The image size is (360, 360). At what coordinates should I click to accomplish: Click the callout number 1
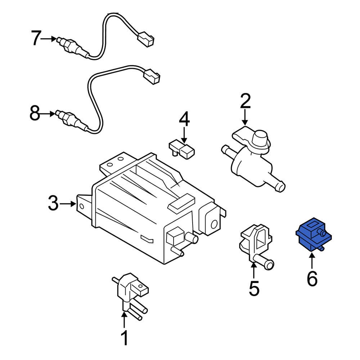click(x=124, y=339)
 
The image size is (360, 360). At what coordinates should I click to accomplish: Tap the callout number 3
click(x=53, y=204)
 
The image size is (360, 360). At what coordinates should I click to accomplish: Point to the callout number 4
click(x=184, y=119)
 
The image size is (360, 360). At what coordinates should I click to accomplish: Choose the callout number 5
click(x=254, y=288)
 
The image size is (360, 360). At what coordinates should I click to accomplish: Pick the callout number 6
click(x=312, y=278)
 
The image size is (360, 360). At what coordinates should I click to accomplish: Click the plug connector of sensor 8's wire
click(x=152, y=76)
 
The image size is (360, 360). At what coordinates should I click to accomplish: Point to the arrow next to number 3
click(x=68, y=204)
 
